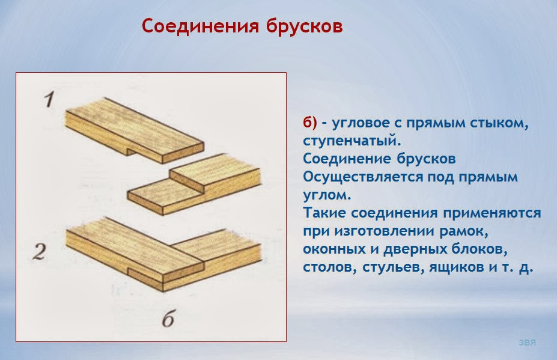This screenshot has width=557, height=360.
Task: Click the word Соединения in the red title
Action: [x=200, y=26]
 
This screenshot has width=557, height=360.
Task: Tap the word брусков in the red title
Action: [x=304, y=26]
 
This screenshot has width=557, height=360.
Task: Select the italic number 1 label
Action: [x=49, y=100]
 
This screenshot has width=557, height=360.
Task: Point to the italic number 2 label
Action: [x=39, y=252]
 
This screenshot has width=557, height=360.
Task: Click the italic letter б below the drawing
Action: [x=168, y=318]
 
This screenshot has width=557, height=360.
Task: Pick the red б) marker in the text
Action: [x=310, y=122]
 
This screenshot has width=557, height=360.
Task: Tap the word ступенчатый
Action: [x=352, y=141]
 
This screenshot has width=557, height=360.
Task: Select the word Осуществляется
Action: [x=362, y=177]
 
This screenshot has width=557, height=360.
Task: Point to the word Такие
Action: [x=324, y=213]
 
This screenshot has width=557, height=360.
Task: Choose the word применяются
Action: [x=492, y=213]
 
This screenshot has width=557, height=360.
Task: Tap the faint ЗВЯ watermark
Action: [x=527, y=343]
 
